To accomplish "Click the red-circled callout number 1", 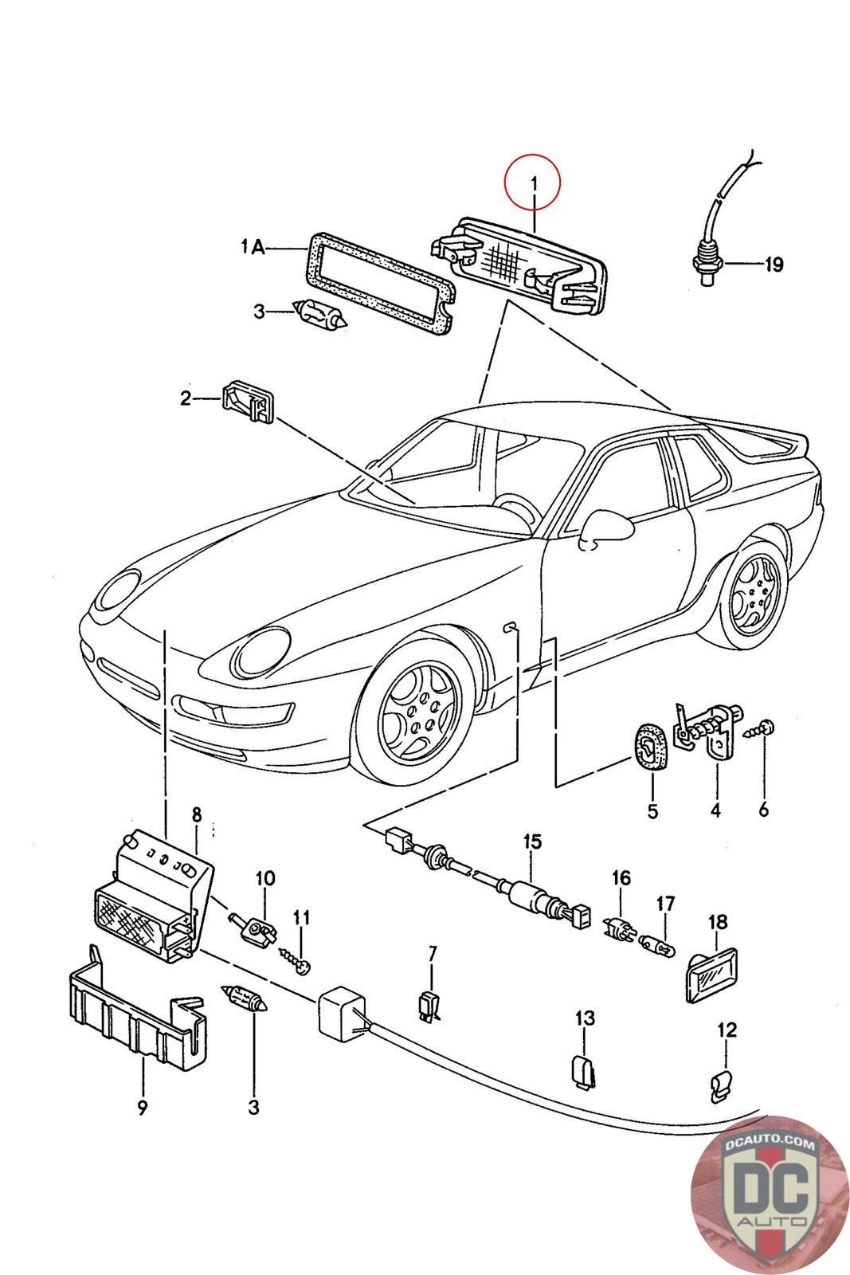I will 534,184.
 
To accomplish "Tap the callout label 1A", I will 253,249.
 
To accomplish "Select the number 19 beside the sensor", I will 774,264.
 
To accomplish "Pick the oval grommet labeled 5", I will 649,747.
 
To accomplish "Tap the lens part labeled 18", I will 711,973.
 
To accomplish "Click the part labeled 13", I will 584,1071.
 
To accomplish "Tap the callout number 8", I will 197,814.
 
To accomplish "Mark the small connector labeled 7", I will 429,1006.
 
